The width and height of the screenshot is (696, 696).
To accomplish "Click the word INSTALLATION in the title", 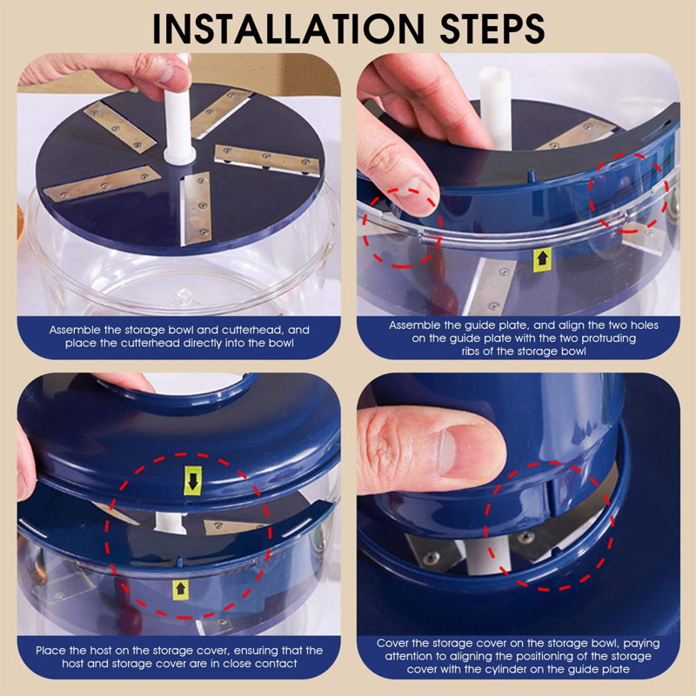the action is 288,29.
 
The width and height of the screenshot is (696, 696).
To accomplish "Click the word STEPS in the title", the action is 492,29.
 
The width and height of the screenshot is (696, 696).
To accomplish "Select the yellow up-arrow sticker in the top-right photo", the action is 542,259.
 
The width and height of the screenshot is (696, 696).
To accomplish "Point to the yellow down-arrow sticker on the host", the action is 193,480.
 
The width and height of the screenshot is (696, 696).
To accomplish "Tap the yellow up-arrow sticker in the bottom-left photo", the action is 180,590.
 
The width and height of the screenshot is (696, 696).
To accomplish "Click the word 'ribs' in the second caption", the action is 472,351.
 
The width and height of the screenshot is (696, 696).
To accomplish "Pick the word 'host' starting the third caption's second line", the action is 73,663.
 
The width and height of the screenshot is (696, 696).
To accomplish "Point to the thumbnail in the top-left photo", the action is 167,72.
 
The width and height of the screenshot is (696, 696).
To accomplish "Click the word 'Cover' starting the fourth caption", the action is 391,643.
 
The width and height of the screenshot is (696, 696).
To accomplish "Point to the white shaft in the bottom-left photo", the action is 170,523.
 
